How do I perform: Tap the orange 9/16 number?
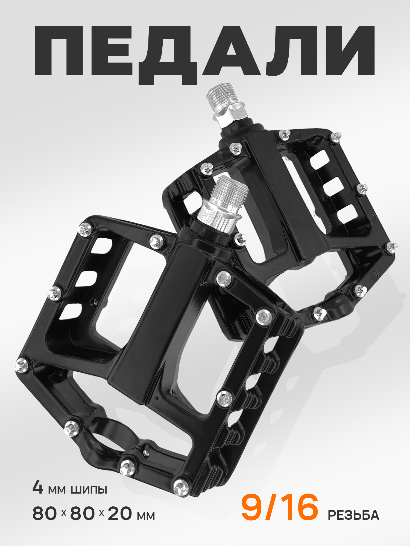280,507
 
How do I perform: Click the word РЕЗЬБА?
353,515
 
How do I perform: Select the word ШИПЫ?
89,490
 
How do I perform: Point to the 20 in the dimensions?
120,513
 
